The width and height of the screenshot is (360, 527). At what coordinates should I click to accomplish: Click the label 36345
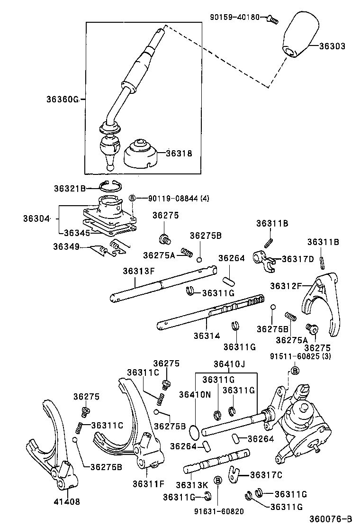[x=78, y=232]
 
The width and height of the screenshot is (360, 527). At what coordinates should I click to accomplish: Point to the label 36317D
[x=297, y=259]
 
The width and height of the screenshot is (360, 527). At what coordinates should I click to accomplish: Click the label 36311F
[x=149, y=484]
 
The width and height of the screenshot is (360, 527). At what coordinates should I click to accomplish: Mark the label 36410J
[x=229, y=364]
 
